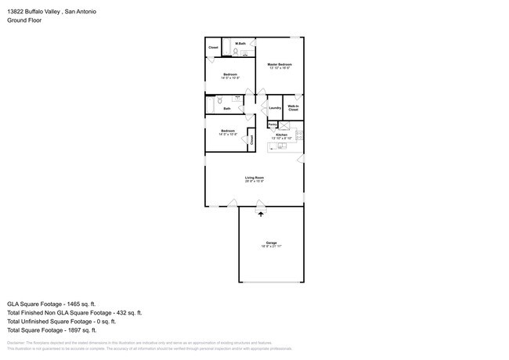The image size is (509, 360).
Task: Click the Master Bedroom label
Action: coord(280,64)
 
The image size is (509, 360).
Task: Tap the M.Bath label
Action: coord(242,43)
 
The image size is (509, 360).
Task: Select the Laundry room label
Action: coord(275,108)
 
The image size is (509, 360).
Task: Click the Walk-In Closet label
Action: coord(293,108)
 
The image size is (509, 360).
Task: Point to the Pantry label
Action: coord(272,124)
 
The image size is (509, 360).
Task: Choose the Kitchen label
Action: coord(280,135)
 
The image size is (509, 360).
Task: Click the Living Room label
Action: coord(254,178)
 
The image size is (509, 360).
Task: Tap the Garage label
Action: coord(271,243)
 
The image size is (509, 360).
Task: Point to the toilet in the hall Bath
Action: coord(222,100)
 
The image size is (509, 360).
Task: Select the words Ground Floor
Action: coord(24,20)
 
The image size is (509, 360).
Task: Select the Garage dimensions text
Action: coord(271,247)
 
